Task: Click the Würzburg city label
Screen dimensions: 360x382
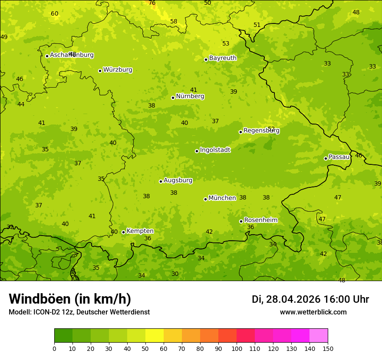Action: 118,70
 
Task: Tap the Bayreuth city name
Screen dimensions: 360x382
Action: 223,58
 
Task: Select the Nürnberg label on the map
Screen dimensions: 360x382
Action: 190,96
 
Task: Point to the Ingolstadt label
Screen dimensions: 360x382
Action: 215,150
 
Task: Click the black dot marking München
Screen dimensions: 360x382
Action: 205,199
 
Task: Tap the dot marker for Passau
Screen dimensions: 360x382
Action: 326,158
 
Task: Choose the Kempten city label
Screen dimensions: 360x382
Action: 140,231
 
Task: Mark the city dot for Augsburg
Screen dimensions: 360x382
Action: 161,181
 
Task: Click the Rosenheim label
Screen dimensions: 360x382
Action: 260,220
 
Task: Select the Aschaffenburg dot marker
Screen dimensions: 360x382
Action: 47,56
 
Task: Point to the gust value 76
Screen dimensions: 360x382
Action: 152,3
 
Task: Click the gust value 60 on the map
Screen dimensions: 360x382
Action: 54,14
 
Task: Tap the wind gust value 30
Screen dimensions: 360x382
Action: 175,274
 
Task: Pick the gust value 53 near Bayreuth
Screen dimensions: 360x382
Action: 226,44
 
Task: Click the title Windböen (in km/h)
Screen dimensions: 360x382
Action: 70,299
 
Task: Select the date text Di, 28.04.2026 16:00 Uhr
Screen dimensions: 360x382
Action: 310,299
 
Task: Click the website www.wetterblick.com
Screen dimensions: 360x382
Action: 313,312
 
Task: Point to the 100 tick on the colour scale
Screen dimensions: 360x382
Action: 237,348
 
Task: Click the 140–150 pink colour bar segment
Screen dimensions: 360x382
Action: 319,336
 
